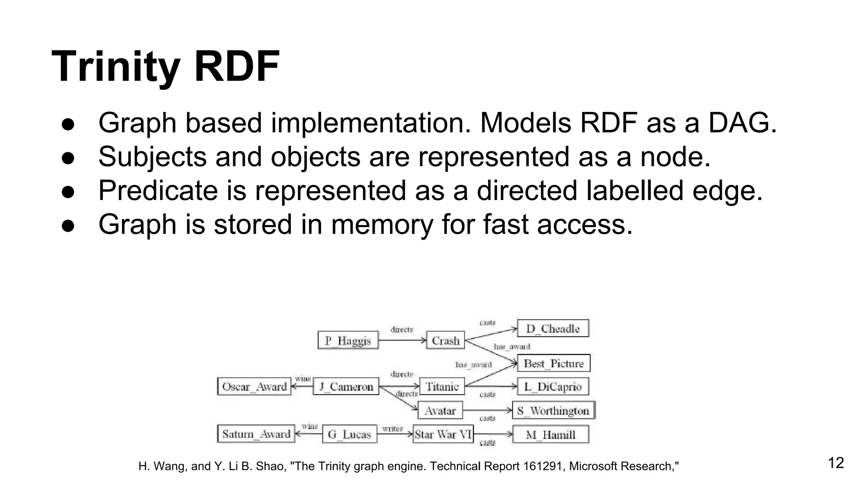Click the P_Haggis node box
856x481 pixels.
coord(348,340)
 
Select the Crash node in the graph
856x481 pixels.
coord(446,340)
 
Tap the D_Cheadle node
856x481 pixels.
coord(553,329)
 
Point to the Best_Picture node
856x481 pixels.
coord(553,363)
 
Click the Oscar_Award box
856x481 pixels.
coord(254,386)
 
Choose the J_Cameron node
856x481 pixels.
coord(346,386)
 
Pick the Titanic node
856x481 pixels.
coord(442,386)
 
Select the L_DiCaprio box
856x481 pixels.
coord(553,386)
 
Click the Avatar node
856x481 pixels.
coord(440,410)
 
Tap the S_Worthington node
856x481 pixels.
coord(553,410)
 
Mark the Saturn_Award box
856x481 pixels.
coord(256,434)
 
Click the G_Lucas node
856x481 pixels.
coord(349,434)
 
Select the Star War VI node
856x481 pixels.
coord(443,434)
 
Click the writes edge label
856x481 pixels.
coord(392,428)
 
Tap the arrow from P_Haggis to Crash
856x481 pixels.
coord(401,340)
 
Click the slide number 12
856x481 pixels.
coord(836,463)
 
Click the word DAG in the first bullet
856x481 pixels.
coord(742,123)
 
